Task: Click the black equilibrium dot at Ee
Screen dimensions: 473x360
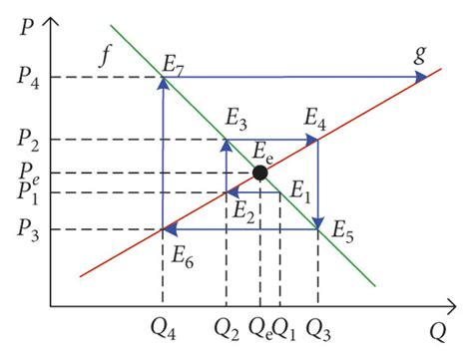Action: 260,173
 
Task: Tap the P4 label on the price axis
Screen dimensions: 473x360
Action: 27,78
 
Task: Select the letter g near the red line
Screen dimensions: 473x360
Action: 420,55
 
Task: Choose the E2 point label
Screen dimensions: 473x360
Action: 242,209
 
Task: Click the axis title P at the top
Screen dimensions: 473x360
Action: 18,22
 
